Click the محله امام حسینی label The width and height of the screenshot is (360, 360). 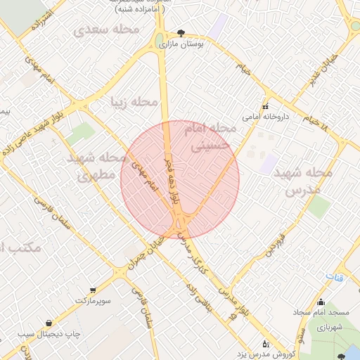[x=210, y=137]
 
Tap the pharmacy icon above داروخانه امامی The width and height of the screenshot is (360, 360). [x=265, y=107]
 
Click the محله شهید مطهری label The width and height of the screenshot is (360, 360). [x=92, y=167]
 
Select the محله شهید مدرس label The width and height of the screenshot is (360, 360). [x=303, y=181]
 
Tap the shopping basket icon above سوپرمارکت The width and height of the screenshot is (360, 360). [x=93, y=290]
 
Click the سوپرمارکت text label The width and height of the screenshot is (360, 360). [x=94, y=300]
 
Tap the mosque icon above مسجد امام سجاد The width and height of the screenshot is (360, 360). [x=321, y=303]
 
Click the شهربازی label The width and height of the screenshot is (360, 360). [x=325, y=327]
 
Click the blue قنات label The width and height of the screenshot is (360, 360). [x=339, y=278]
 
